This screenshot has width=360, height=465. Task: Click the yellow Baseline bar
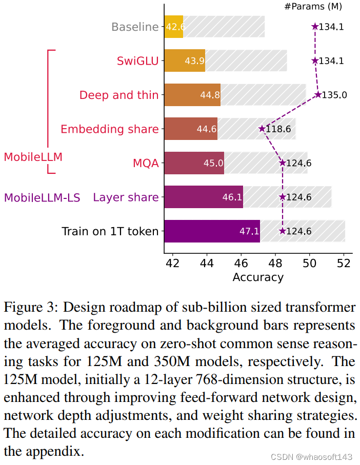(x=174, y=27)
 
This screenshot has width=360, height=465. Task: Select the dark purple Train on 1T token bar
(x=212, y=231)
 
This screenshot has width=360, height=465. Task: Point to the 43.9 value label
(x=195, y=61)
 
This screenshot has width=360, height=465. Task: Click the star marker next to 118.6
(x=262, y=129)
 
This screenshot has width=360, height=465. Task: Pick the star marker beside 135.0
(x=318, y=95)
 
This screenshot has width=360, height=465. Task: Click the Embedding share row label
(x=109, y=129)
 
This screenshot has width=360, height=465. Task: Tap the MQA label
(x=146, y=164)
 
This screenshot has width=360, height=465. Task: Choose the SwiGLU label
(x=138, y=61)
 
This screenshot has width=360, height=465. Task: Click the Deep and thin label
(x=119, y=95)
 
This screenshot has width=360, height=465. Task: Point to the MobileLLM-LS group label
(x=42, y=197)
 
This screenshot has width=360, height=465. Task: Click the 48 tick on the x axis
(x=275, y=263)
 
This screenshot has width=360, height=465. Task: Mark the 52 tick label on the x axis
(x=344, y=263)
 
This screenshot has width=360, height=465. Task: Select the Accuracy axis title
(x=258, y=277)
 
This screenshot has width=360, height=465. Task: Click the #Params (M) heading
(x=312, y=7)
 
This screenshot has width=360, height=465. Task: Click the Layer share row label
(x=126, y=197)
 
